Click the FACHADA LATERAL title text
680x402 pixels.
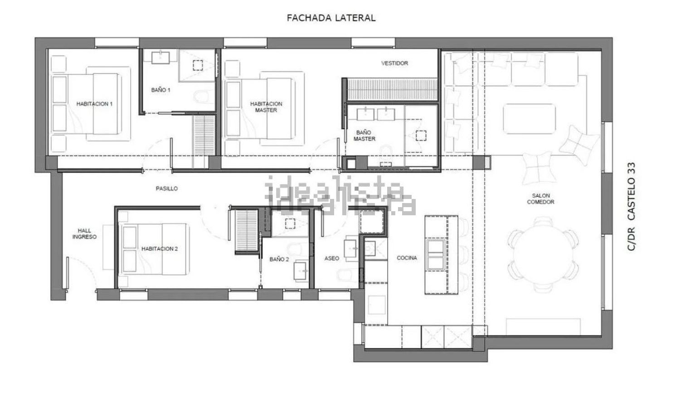pyautogui.click(x=331, y=18)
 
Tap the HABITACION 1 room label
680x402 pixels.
pyautogui.click(x=94, y=104)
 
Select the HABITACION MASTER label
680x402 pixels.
pyautogui.click(x=266, y=107)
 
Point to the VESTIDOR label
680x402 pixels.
pyautogui.click(x=394, y=63)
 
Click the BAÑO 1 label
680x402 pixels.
pyautogui.click(x=161, y=90)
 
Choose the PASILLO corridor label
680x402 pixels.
pyautogui.click(x=167, y=188)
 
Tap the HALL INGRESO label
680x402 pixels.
pyautogui.click(x=84, y=233)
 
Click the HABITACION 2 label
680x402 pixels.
pyautogui.click(x=160, y=249)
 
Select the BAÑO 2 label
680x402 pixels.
pyautogui.click(x=279, y=259)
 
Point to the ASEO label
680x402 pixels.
pyautogui.click(x=332, y=258)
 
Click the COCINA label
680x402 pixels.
pyautogui.click(x=407, y=258)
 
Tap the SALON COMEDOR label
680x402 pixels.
pyautogui.click(x=540, y=199)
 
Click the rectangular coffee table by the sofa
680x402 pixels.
pyautogui.click(x=529, y=119)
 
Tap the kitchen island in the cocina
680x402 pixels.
pyautogui.click(x=441, y=255)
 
